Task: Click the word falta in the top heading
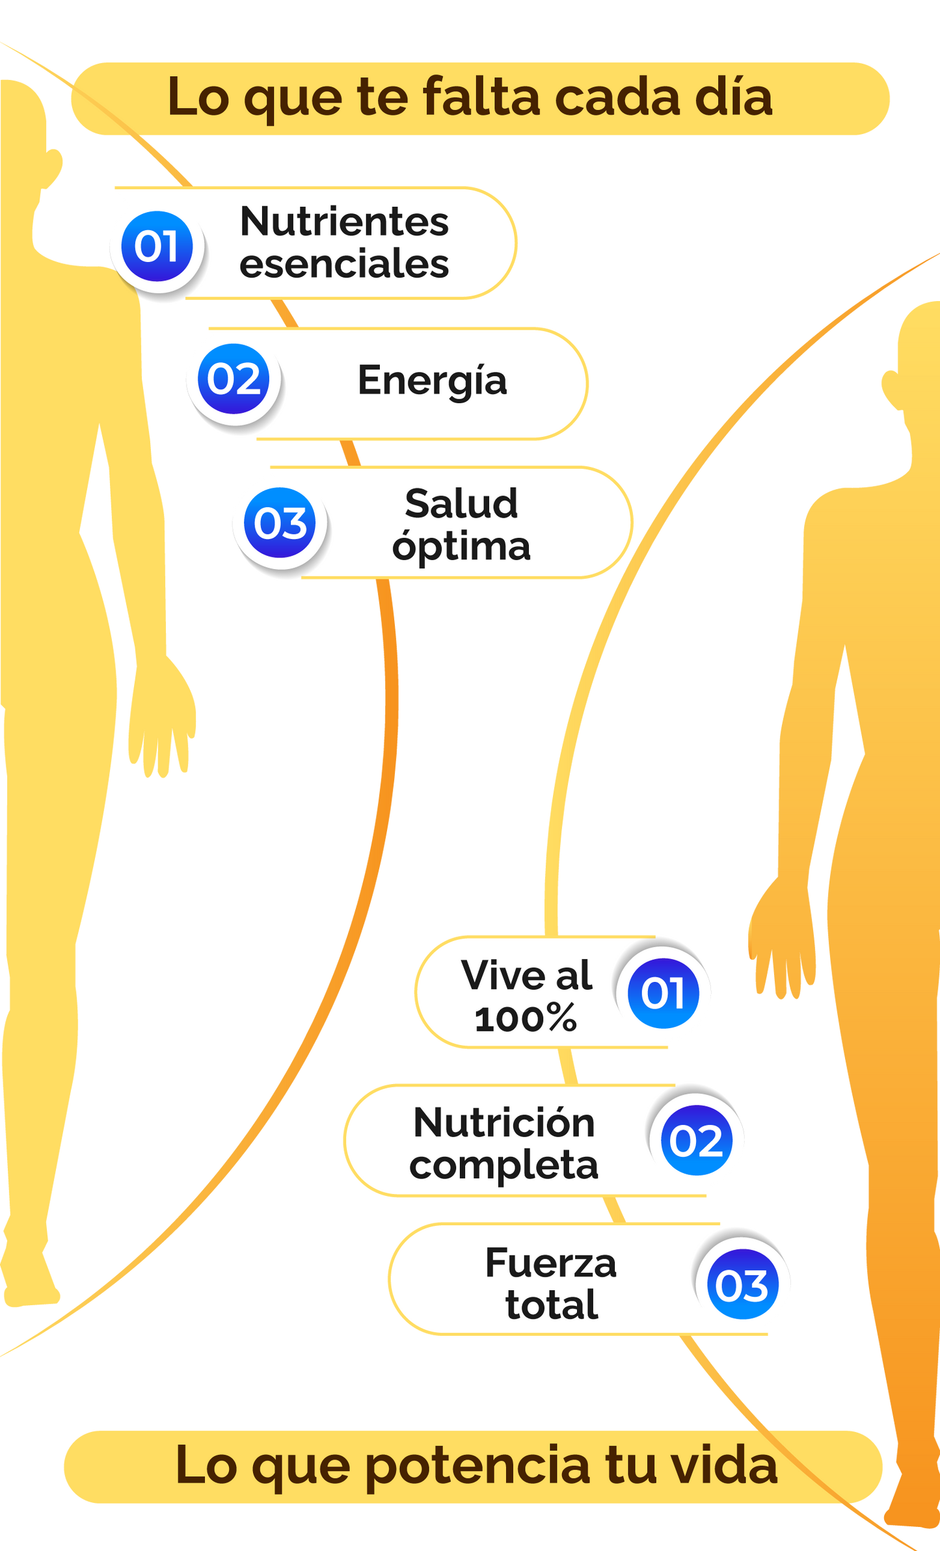click(481, 97)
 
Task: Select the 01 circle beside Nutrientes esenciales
click(157, 246)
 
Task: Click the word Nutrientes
click(344, 222)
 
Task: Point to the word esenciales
click(344, 264)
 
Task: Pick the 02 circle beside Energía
click(234, 379)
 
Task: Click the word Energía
click(432, 380)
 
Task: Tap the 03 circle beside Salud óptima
click(280, 523)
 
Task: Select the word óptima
click(461, 546)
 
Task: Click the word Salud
click(461, 503)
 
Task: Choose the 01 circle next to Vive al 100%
click(663, 993)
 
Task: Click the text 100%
click(526, 1018)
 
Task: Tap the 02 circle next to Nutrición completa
click(696, 1141)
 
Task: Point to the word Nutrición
click(504, 1123)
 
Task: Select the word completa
click(504, 1165)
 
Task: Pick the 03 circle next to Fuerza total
click(742, 1285)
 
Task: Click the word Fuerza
click(551, 1264)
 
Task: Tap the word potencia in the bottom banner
click(478, 1466)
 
